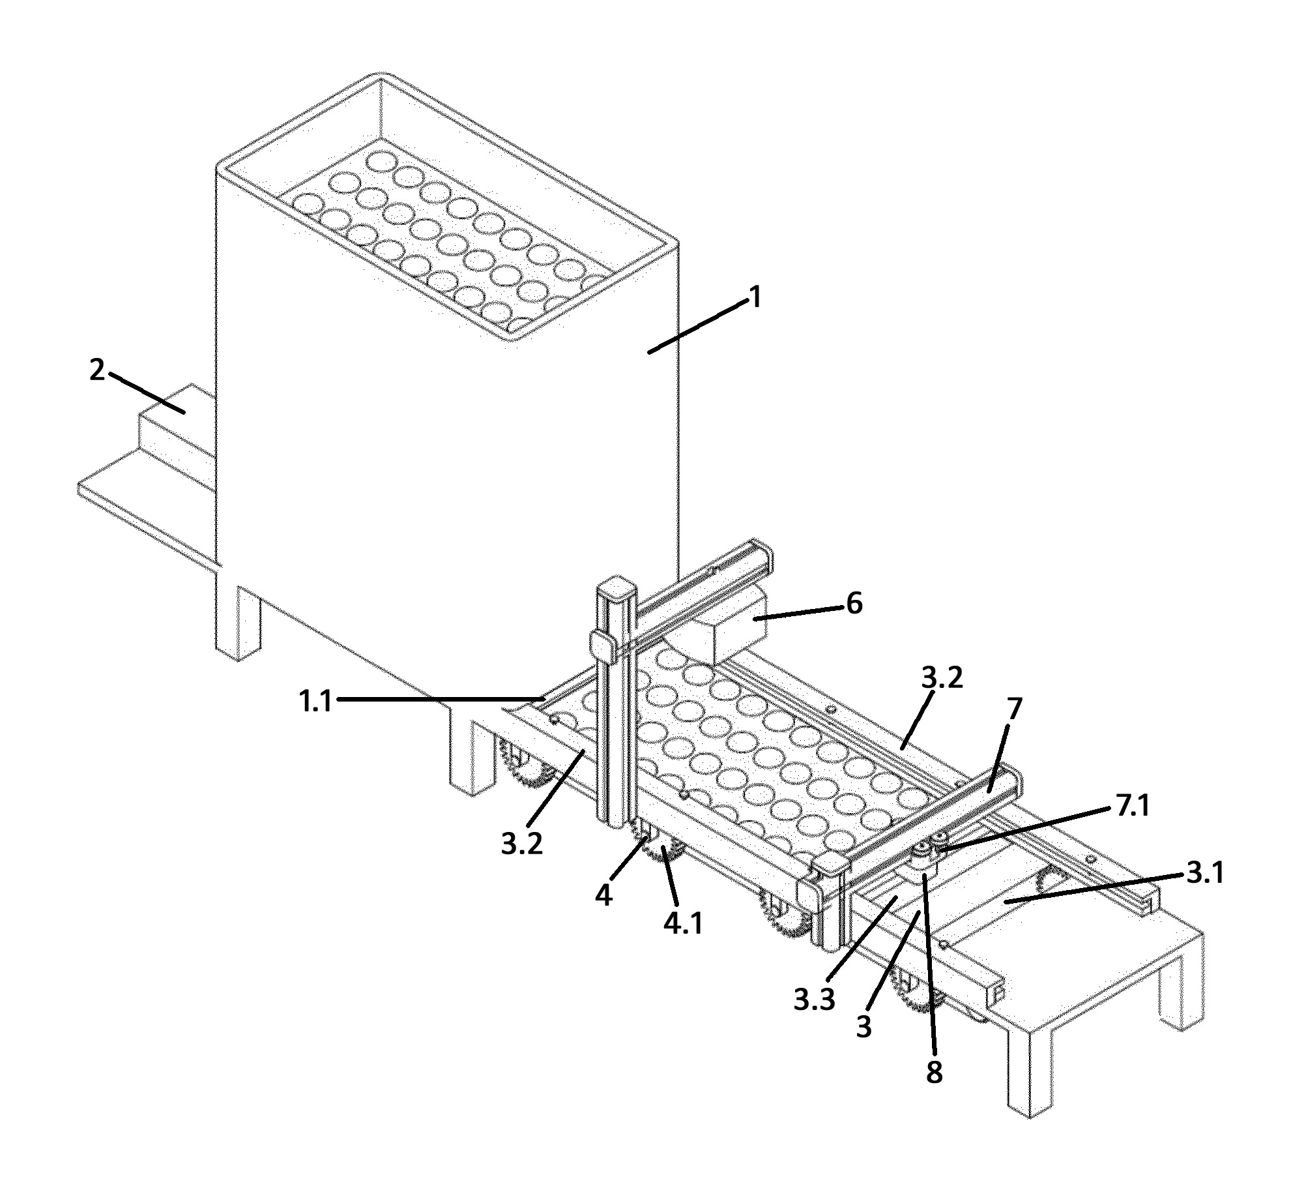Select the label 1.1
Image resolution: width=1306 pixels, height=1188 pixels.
point(315,702)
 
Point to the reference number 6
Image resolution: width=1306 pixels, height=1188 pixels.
point(854,604)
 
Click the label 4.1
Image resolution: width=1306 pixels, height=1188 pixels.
point(684,924)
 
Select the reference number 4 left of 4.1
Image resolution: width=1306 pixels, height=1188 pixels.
point(604,896)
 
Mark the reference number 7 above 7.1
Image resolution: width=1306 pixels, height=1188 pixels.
point(1015,709)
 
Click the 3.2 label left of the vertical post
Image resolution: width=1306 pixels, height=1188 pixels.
point(522,844)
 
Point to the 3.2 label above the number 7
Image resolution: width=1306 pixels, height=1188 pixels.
point(942,678)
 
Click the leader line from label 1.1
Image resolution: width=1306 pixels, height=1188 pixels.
point(441,700)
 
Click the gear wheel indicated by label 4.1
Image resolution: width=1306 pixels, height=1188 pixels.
point(663,855)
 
